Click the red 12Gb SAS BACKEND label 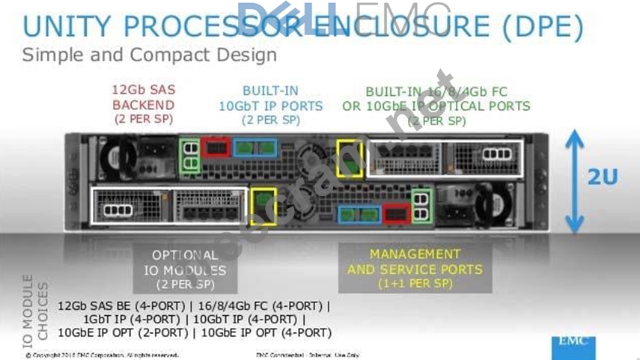point(143,104)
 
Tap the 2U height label point(602,177)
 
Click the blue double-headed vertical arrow point(573,180)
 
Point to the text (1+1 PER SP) point(415,284)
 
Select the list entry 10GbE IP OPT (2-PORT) point(124,332)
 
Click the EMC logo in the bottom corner point(577,344)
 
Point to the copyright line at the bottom point(102,355)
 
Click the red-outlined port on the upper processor point(215,147)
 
